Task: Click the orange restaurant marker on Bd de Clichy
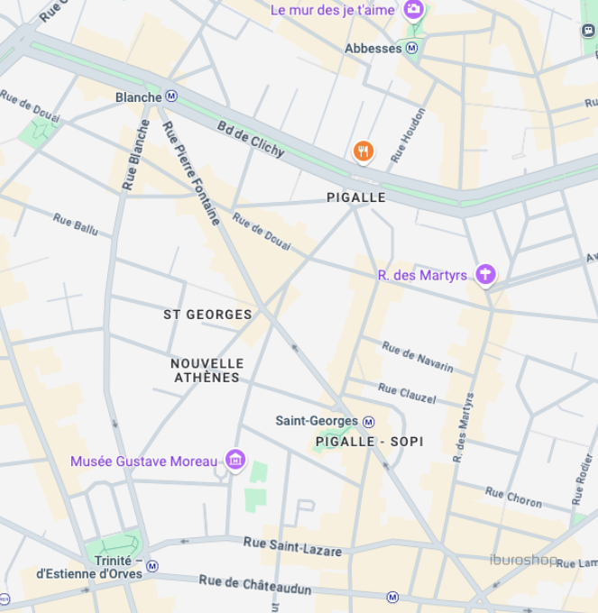363,151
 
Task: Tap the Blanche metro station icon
171,96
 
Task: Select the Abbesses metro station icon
412,48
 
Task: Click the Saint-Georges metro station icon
368,421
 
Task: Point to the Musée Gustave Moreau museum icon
235,461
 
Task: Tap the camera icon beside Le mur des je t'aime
413,10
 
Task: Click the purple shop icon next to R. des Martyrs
486,274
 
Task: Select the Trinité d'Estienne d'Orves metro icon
152,566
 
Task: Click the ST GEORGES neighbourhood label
207,315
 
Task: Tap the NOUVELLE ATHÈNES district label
207,371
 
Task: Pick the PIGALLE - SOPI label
370,442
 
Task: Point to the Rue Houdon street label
408,135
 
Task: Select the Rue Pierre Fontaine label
192,172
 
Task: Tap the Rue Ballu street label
75,224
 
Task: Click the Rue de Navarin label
417,356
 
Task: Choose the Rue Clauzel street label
407,393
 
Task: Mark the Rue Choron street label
513,497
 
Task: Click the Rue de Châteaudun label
255,585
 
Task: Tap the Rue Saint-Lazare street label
292,545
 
